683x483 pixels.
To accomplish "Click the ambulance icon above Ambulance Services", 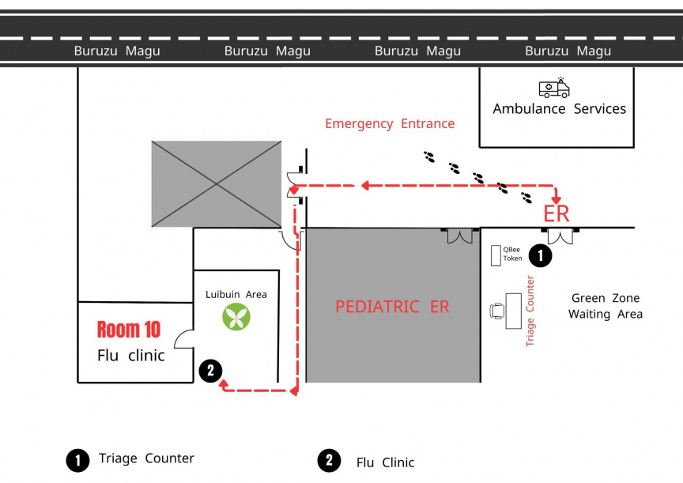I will click(554, 88).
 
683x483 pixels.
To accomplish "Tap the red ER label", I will click(557, 213).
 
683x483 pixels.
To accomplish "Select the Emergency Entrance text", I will click(390, 123).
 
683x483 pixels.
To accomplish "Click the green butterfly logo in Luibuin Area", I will click(236, 317).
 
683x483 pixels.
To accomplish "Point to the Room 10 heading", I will click(129, 330).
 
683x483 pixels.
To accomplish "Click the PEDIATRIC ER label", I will click(392, 307).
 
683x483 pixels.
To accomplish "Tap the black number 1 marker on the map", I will click(539, 255).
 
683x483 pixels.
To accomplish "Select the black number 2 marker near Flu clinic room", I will click(210, 370).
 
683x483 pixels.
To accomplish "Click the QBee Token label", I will click(512, 254).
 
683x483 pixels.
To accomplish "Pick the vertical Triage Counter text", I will click(530, 311).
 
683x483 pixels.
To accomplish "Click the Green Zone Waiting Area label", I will click(606, 306).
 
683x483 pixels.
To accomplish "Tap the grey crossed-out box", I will click(217, 183).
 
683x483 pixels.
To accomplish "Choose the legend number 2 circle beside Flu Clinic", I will click(329, 461).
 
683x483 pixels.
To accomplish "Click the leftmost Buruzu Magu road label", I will click(117, 51).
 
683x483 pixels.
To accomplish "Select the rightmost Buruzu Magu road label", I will click(568, 51).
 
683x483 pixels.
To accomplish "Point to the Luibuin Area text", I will click(236, 294).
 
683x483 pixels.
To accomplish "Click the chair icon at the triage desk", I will click(497, 311).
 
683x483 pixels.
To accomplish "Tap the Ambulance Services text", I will click(559, 109).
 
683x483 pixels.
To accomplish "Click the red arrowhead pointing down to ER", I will click(557, 197).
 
